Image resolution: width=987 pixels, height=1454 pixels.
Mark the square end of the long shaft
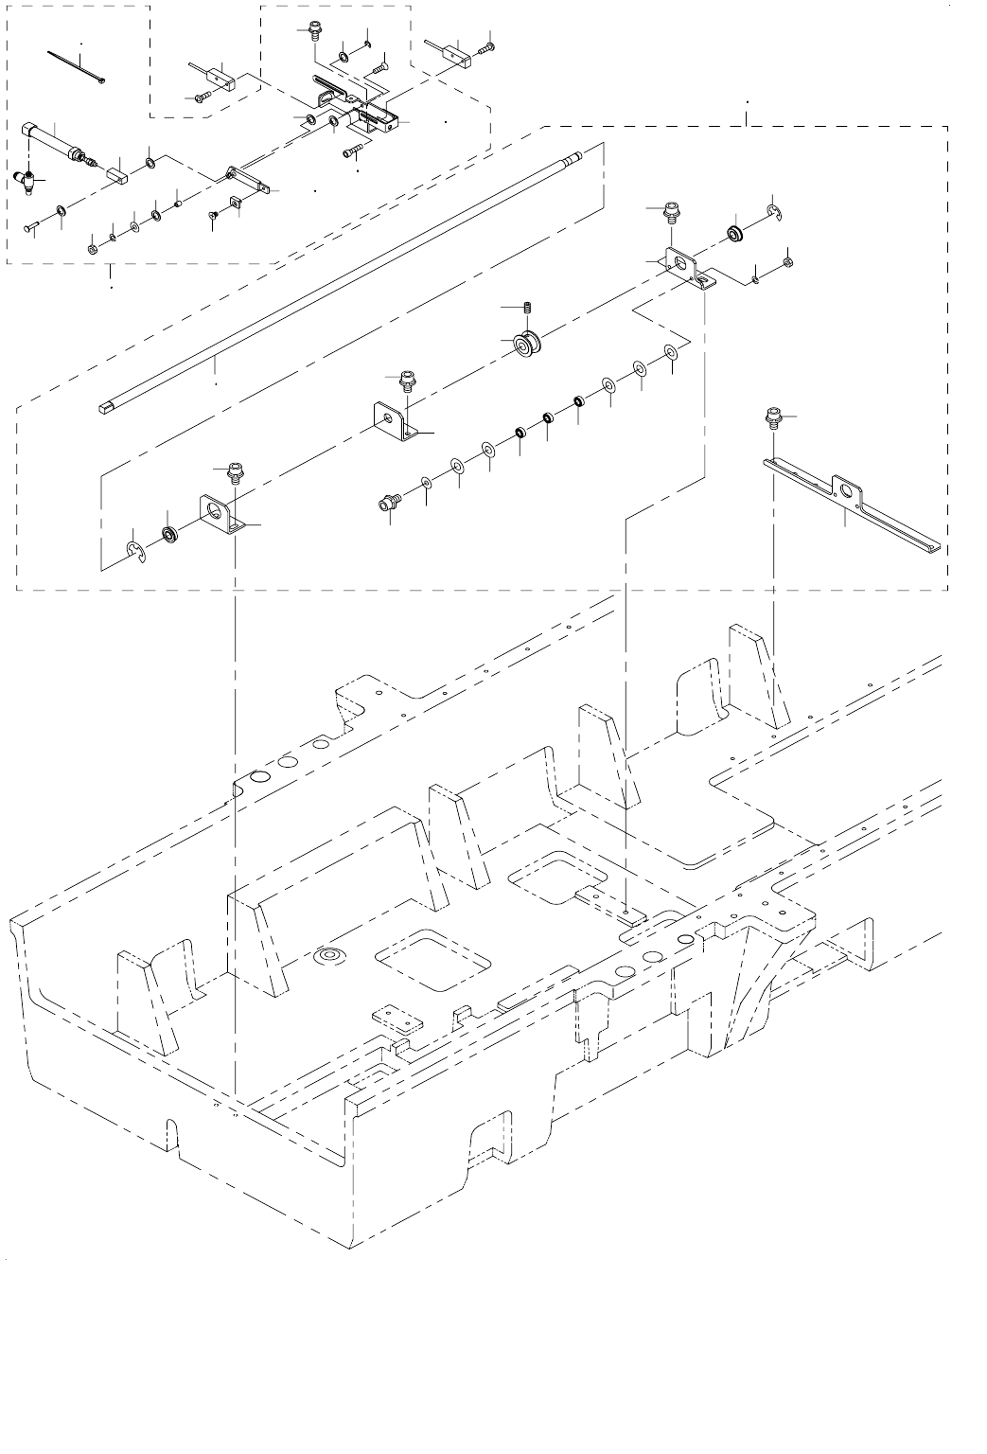tap(105, 409)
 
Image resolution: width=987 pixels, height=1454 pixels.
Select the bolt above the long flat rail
tap(773, 416)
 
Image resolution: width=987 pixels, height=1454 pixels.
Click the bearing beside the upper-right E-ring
tap(734, 231)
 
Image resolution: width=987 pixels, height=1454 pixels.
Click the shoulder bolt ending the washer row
tap(387, 502)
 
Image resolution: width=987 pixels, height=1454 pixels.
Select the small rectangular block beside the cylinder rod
tap(119, 174)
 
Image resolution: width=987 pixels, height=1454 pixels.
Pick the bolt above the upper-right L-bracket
tap(671, 209)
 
